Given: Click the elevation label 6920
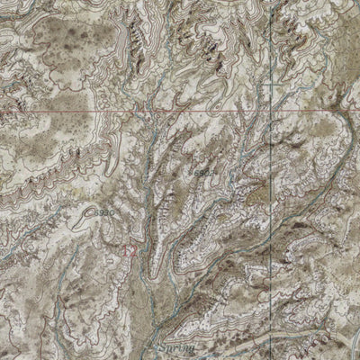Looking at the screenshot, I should tap(102, 212).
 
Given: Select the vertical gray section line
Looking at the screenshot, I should tap(263, 54).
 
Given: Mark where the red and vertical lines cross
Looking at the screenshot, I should tap(263, 110).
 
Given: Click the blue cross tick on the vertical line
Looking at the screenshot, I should tap(263, 85).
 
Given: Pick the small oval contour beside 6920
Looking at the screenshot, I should tap(88, 214).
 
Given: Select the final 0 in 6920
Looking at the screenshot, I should tap(109, 211).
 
